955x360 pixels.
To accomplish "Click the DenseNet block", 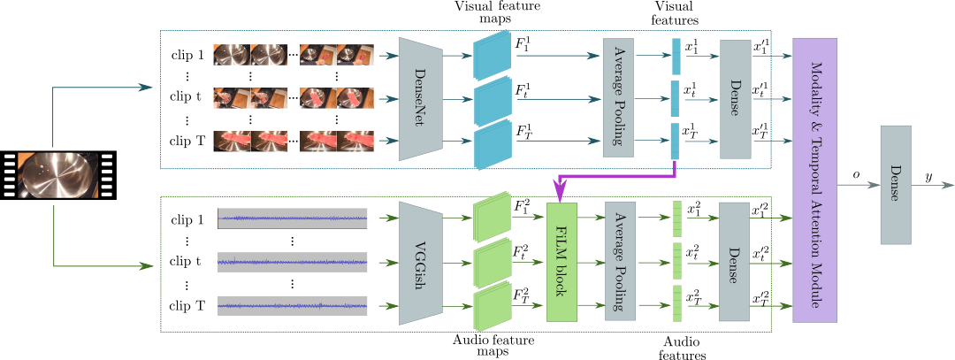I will click(x=420, y=99).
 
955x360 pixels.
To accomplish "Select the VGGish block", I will click(x=420, y=263).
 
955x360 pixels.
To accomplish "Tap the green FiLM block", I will click(x=562, y=262).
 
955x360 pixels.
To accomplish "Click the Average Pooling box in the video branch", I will click(x=618, y=98).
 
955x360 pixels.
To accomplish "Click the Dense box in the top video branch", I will click(x=736, y=99).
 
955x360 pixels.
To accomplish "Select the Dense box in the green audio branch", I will click(x=734, y=261).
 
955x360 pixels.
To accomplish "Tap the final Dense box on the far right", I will click(x=895, y=185).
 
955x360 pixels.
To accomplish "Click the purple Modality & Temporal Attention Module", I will click(x=814, y=180).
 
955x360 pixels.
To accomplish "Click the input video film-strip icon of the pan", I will click(x=58, y=175).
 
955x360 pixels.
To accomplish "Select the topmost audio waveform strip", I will click(x=293, y=218).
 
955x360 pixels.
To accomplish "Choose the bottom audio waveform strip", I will click(x=293, y=305).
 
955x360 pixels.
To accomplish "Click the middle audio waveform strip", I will click(x=293, y=262).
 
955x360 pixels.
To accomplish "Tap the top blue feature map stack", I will click(x=493, y=56).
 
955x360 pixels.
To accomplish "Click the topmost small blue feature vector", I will click(x=676, y=57).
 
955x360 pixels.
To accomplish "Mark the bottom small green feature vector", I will click(x=677, y=303).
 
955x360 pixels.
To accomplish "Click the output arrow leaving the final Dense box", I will click(x=933, y=186).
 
